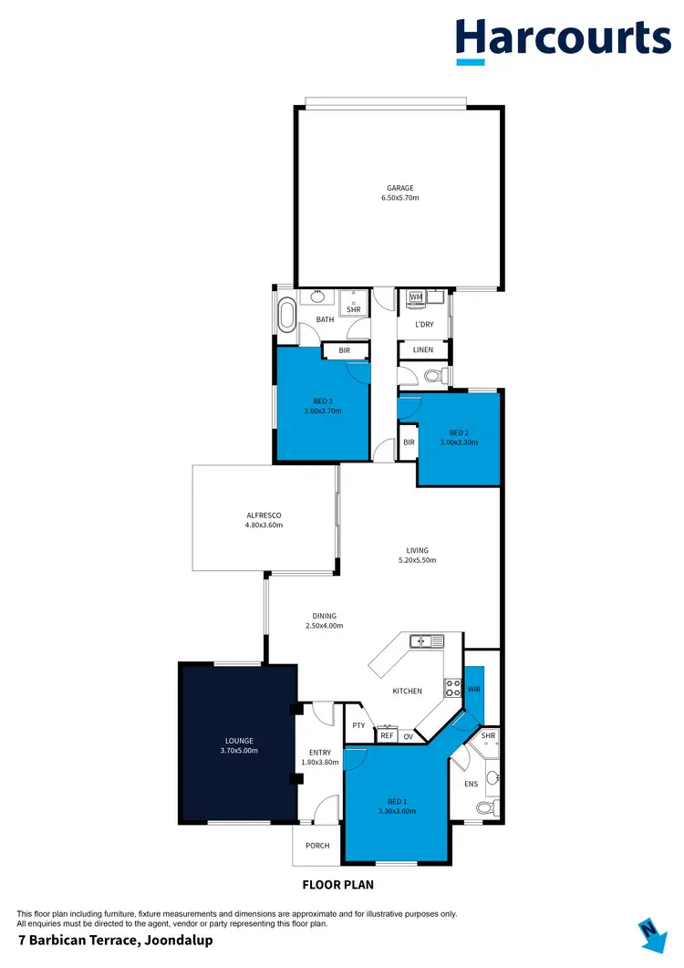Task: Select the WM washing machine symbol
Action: click(416, 297)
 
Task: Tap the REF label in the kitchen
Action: click(387, 735)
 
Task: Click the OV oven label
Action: click(408, 735)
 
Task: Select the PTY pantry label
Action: click(358, 726)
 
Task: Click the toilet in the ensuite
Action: click(487, 807)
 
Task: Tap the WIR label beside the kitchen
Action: click(473, 691)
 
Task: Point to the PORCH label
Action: click(317, 846)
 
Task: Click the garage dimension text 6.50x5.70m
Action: click(400, 197)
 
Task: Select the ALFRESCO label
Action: click(264, 515)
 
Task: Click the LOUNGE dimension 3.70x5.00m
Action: click(239, 751)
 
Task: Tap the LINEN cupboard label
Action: click(423, 350)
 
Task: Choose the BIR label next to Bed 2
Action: click(409, 442)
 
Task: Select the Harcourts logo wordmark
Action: click(563, 37)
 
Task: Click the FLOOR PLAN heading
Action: click(337, 884)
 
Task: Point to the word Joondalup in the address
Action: click(173, 941)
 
